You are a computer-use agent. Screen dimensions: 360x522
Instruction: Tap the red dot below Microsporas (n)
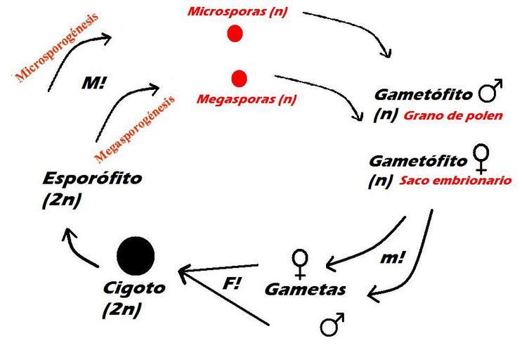[236, 33]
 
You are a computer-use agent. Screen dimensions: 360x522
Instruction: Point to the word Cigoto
[134, 288]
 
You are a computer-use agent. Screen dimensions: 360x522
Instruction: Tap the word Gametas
[304, 290]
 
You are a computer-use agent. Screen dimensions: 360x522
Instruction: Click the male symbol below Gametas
[329, 326]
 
